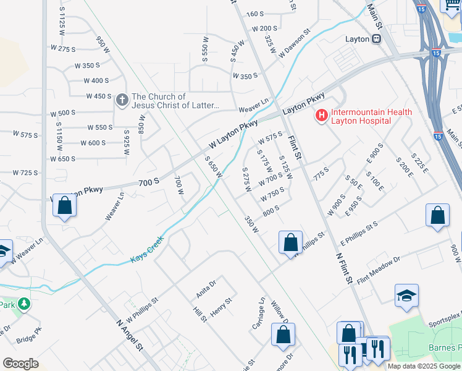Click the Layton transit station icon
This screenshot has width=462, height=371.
pyautogui.click(x=376, y=38)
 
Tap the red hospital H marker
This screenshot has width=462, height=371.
pyautogui.click(x=321, y=115)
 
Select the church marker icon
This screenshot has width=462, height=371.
pyautogui.click(x=122, y=100)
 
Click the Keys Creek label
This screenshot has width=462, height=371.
pyautogui.click(x=147, y=250)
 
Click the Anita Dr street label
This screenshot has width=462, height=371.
pyautogui.click(x=206, y=288)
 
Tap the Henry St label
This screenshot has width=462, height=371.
pyautogui.click(x=220, y=307)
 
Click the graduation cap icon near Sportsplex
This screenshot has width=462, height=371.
pyautogui.click(x=407, y=295)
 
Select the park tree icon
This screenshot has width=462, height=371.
pyautogui.click(x=23, y=304)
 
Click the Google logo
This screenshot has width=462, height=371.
pyautogui.click(x=20, y=364)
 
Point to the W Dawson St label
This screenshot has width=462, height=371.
pyautogui.click(x=293, y=43)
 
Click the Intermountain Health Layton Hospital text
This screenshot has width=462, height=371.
pyautogui.click(x=362, y=116)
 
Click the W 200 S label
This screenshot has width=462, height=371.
pyautogui.click(x=264, y=28)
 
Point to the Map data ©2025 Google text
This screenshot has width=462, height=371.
pyautogui.click(x=424, y=366)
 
